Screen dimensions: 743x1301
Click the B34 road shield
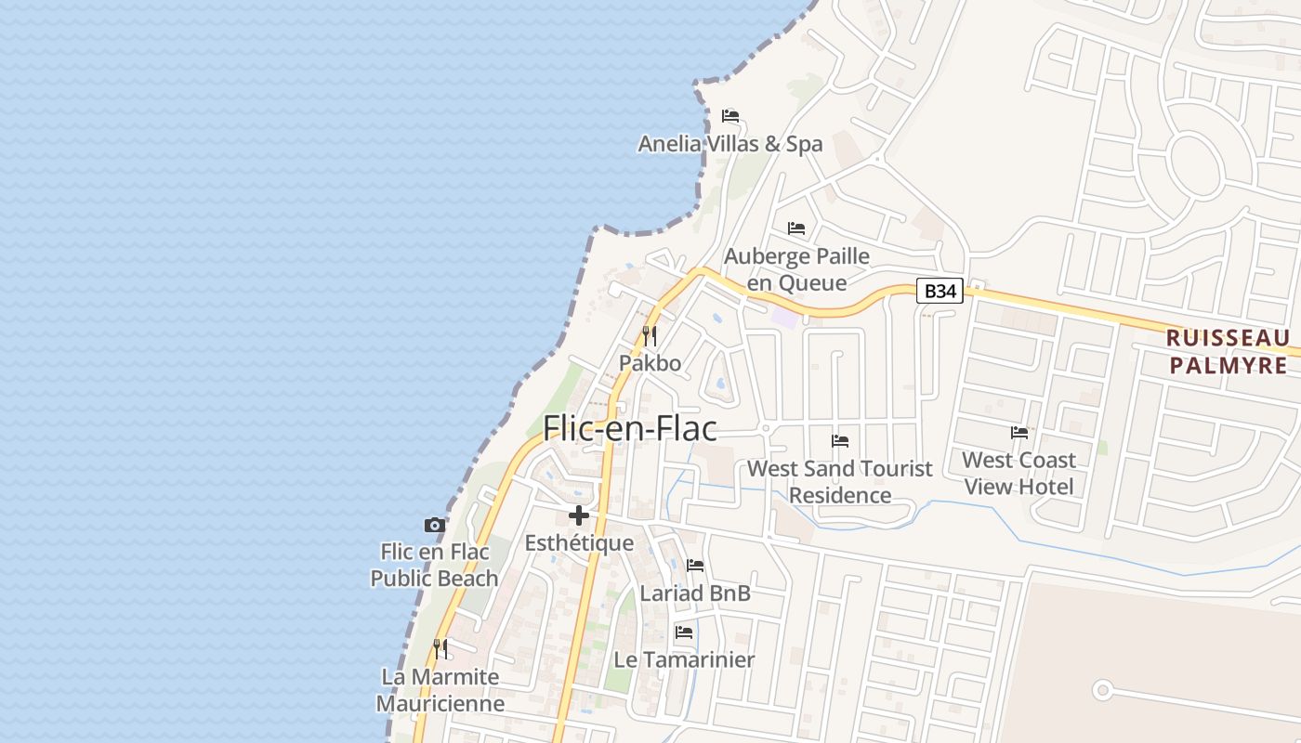coord(940,291)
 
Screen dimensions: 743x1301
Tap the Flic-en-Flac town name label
coord(630,428)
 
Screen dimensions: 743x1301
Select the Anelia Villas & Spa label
coord(729,144)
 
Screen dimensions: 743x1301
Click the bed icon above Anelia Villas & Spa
coord(730,116)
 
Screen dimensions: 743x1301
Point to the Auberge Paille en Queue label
coord(796,269)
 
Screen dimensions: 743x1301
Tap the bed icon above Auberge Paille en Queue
coord(796,228)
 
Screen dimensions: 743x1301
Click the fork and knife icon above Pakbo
coord(650,336)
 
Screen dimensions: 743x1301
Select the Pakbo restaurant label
coord(650,363)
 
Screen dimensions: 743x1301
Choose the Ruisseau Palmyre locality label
coord(1228,351)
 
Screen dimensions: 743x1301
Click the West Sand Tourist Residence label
coord(840,481)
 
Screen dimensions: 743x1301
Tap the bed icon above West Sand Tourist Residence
coord(840,441)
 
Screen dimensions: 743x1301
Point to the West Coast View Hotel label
coord(1018,473)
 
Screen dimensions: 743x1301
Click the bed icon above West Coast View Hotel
coord(1019,433)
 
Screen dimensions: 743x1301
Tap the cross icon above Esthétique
coord(579,515)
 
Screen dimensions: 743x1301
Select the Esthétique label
coord(579,543)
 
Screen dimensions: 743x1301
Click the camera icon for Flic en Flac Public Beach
coord(434,526)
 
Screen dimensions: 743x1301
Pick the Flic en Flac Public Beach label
coord(434,565)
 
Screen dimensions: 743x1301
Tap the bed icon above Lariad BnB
coord(694,566)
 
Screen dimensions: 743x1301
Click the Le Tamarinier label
coord(684,659)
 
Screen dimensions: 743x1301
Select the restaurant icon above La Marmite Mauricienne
coord(440,648)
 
